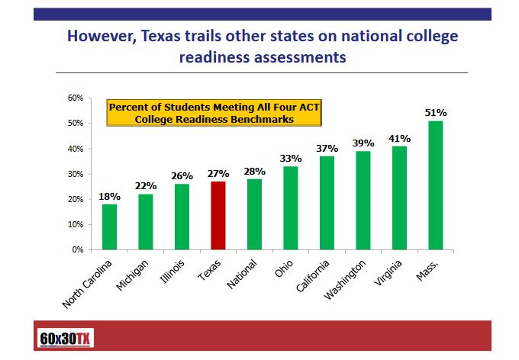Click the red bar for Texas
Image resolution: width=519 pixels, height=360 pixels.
click(218, 215)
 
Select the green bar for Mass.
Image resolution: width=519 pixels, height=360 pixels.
click(436, 185)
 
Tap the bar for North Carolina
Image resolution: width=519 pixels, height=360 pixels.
click(109, 227)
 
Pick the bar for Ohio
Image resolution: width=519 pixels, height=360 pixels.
click(291, 207)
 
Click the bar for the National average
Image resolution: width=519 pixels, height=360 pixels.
click(254, 214)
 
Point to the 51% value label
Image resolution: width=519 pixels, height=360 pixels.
click(435, 113)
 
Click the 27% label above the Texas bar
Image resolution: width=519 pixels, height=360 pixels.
click(218, 174)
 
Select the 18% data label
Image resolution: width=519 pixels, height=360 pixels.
click(109, 197)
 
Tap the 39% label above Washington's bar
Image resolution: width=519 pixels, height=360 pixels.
click(363, 143)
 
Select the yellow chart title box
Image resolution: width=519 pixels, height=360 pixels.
click(213, 112)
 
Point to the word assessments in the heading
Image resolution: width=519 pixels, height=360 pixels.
click(301, 56)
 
